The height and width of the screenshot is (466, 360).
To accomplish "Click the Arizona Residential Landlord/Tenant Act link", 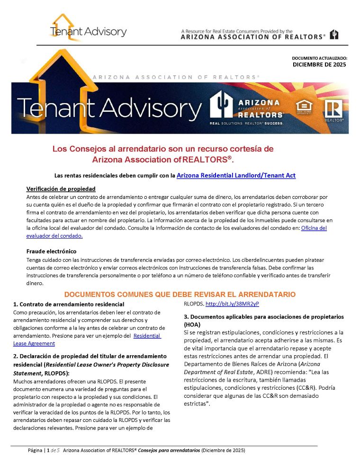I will (x=236, y=176).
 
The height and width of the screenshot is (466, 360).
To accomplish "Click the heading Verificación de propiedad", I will (x=61, y=189).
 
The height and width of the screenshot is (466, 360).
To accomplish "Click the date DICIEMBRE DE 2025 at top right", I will (x=319, y=64).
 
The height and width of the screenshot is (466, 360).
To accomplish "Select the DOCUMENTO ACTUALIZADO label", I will (x=319, y=58).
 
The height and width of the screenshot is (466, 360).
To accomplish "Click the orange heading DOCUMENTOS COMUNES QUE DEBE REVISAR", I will (x=180, y=294).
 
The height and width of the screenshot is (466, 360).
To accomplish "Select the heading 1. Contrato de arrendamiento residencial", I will (x=69, y=304).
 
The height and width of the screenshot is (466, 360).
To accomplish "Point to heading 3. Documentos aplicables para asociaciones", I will (x=263, y=316).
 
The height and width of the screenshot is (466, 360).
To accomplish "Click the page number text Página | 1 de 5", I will (x=44, y=450).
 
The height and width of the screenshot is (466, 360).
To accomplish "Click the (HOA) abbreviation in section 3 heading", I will (x=192, y=324).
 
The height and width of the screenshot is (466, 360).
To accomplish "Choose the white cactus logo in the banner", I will (x=222, y=107).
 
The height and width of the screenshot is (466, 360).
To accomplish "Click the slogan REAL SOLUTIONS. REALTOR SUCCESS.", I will (x=246, y=123).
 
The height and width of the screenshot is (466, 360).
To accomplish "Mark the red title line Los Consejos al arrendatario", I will (x=163, y=149).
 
